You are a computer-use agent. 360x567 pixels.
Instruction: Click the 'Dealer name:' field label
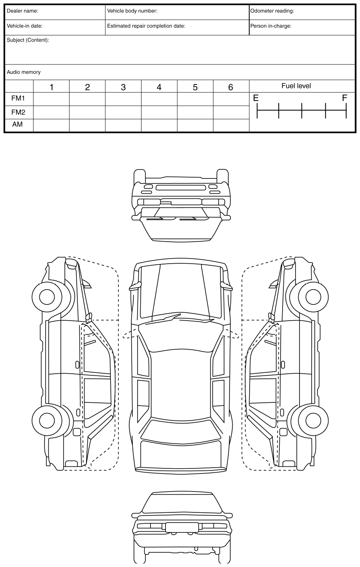pyautogui.click(x=22, y=11)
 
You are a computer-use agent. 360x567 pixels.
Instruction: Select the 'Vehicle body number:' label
pyautogui.click(x=132, y=11)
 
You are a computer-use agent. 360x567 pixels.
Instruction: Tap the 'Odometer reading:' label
pyautogui.click(x=272, y=11)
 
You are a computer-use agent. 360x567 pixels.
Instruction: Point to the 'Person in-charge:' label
pyautogui.click(x=271, y=26)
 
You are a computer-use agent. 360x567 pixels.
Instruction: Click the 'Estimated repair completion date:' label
pyautogui.click(x=146, y=26)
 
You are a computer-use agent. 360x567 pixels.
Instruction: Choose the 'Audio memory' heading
pyautogui.click(x=24, y=72)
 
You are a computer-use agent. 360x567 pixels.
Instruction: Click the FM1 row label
pyautogui.click(x=18, y=99)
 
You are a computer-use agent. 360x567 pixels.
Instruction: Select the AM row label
pyautogui.click(x=18, y=125)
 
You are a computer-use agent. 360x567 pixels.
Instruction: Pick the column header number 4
pyautogui.click(x=159, y=87)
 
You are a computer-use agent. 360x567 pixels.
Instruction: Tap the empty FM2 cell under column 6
pyautogui.click(x=231, y=112)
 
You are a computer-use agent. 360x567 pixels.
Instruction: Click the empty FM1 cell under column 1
pyautogui.click(x=51, y=99)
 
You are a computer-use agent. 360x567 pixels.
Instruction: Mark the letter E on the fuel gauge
pyautogui.click(x=256, y=98)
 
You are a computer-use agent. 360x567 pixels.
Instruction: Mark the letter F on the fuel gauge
pyautogui.click(x=345, y=98)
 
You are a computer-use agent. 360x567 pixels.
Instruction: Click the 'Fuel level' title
pyautogui.click(x=296, y=86)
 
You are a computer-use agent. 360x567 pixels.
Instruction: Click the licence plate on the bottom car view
pyautogui.click(x=182, y=527)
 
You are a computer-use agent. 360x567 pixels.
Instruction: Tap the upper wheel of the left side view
pyautogui.click(x=47, y=297)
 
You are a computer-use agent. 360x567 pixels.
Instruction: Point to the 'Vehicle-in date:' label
pyautogui.click(x=24, y=26)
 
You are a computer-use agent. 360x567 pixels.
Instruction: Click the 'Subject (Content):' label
pyautogui.click(x=28, y=40)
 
